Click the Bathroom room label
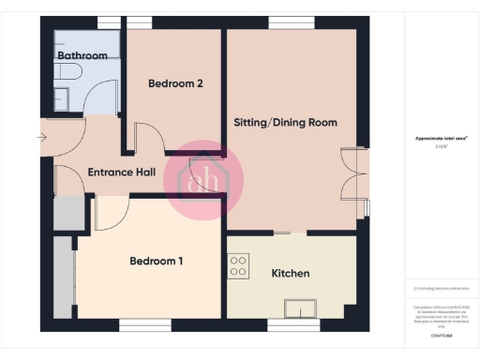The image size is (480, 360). pyautogui.click(x=82, y=56)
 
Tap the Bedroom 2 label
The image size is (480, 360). pyautogui.click(x=176, y=83)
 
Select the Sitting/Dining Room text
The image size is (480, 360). pyautogui.click(x=285, y=123)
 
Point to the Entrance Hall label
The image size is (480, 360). pyautogui.click(x=121, y=172)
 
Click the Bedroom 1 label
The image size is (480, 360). pyautogui.click(x=156, y=261)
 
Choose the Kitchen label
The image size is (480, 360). pyautogui.click(x=291, y=274)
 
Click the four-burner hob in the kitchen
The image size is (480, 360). pyautogui.click(x=238, y=266)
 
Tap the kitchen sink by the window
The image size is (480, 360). pyautogui.click(x=301, y=308)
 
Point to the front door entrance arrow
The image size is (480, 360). pyautogui.click(x=41, y=138)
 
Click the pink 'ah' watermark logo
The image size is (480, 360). pyautogui.click(x=203, y=178)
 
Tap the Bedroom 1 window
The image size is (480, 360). pyautogui.click(x=144, y=324)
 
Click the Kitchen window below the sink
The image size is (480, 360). pyautogui.click(x=294, y=324)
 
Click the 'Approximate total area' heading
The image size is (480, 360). pyautogui.click(x=442, y=139)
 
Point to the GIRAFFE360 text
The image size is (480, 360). pyautogui.click(x=442, y=334)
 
